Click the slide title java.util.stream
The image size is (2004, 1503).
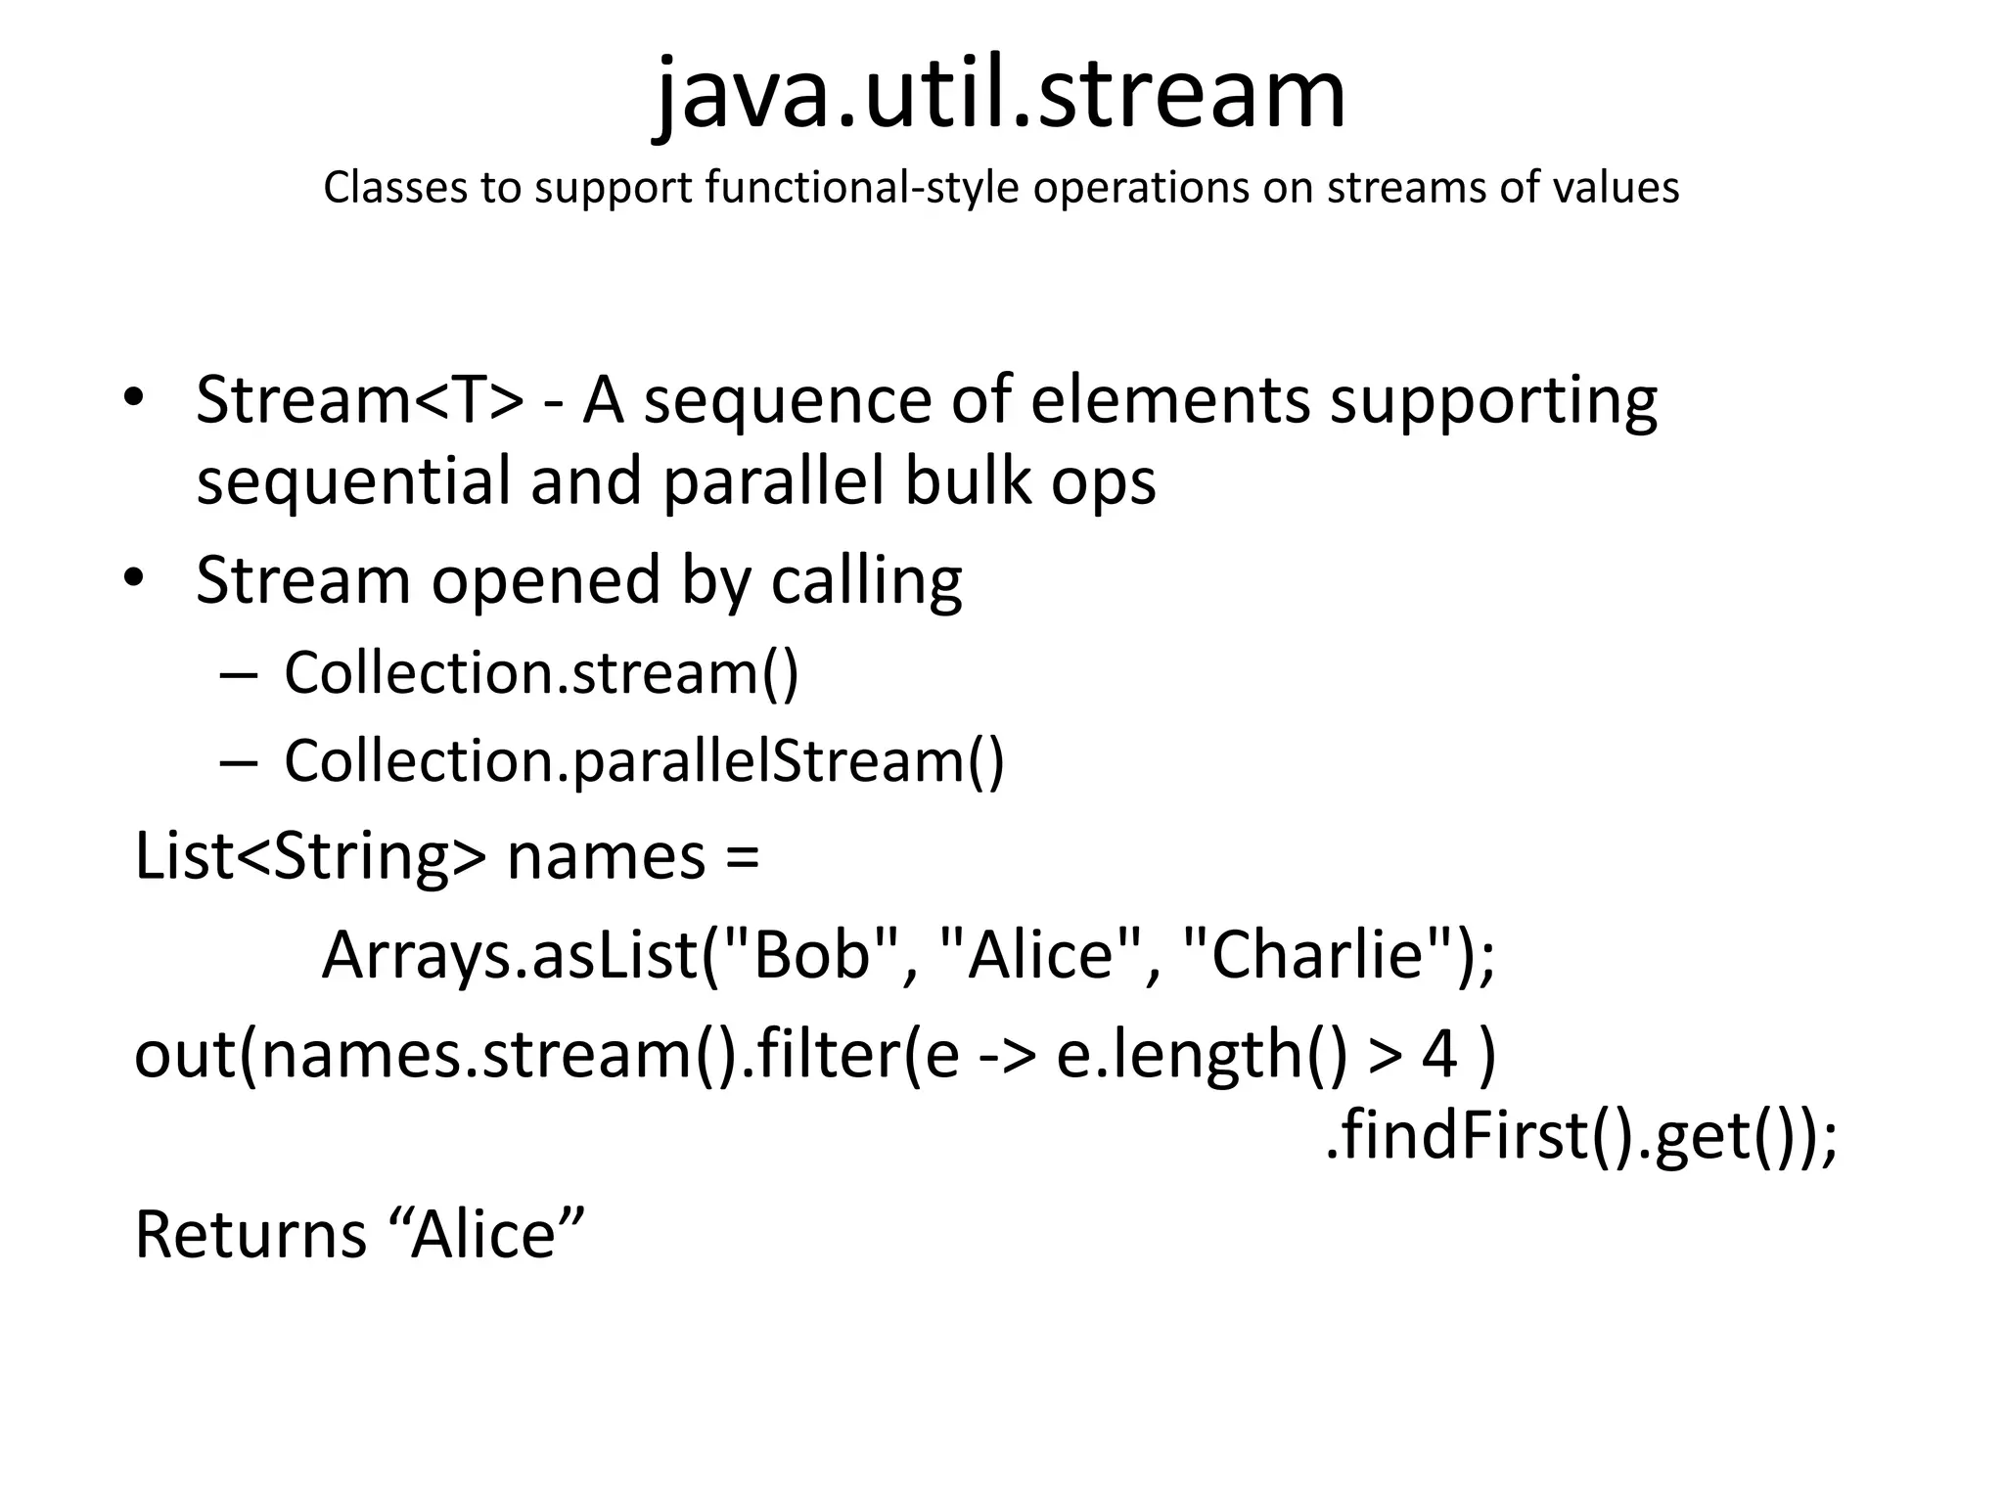pos(1000,95)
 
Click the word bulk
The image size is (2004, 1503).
pos(967,480)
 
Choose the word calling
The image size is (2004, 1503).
pos(866,582)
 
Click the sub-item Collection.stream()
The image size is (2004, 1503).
pos(541,673)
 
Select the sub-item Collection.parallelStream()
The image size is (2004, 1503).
pos(644,761)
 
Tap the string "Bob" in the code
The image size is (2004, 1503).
pos(811,954)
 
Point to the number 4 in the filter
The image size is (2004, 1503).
pos(1439,1055)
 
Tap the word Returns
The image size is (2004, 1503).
pos(250,1235)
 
